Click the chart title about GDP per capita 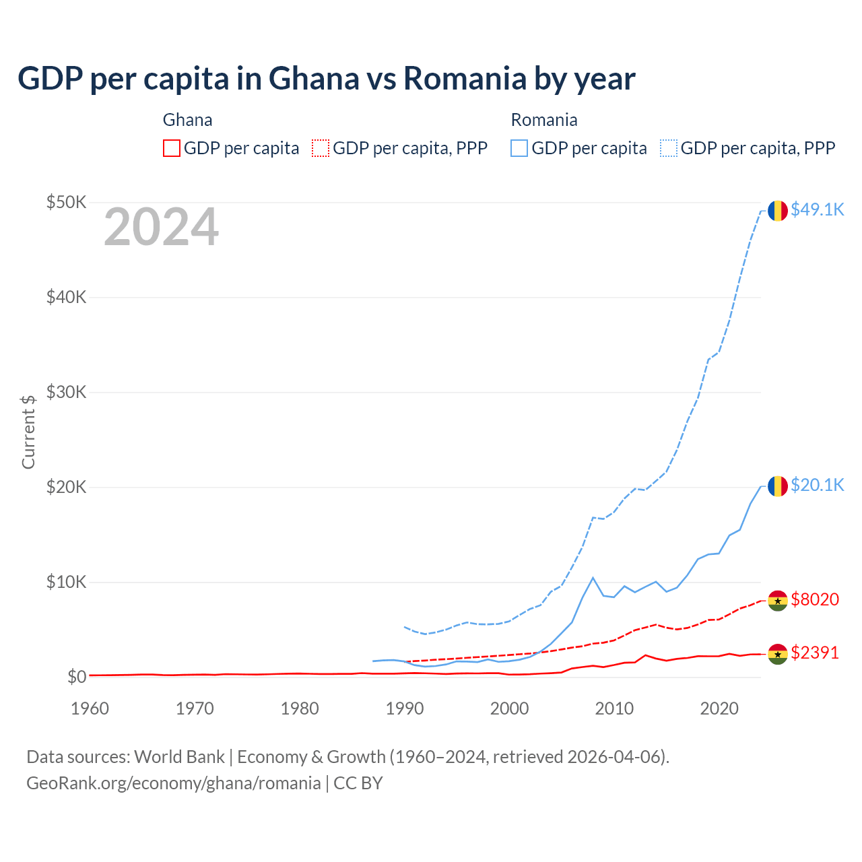pos(326,79)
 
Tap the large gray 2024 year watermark pos(161,228)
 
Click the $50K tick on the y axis pos(66,202)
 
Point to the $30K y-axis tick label pos(66,392)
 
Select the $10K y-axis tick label pos(66,582)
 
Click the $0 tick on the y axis pos(76,677)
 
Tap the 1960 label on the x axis pos(90,708)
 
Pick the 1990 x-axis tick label pos(405,708)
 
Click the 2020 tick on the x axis pos(719,708)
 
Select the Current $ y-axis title pos(28,432)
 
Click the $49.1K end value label pos(817,210)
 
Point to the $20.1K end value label pos(817,486)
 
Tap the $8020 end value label pos(815,599)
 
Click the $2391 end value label pos(815,653)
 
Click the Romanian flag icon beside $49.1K pos(778,211)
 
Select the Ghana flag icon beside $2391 pos(778,654)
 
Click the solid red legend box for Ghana pos(172,148)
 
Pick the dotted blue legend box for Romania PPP pos(669,148)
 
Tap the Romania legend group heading pos(544,120)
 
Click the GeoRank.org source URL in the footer pos(174,783)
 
